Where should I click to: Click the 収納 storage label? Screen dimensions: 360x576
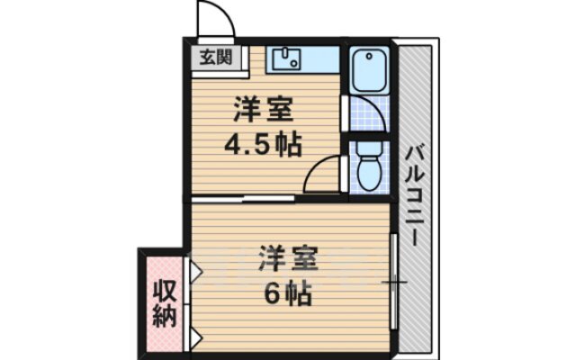163,302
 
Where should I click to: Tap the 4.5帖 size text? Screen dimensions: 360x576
261,144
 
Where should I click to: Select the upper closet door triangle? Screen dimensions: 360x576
193,269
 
